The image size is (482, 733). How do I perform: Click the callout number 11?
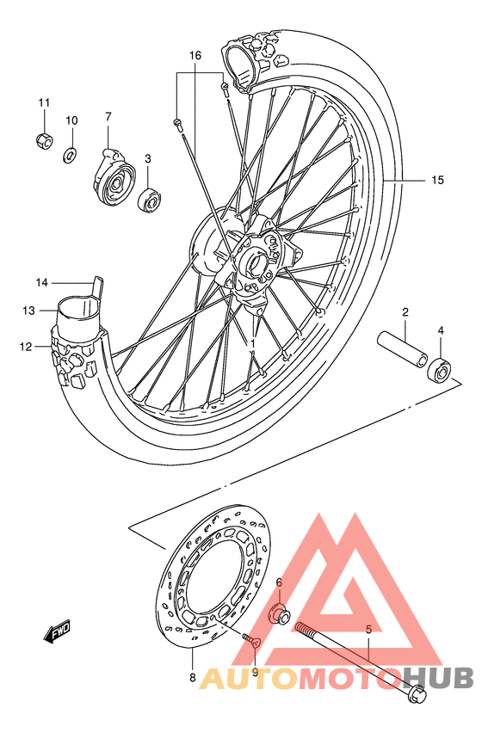[44, 103]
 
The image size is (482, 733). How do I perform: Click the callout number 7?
[109, 117]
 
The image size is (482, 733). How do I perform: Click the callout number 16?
[195, 56]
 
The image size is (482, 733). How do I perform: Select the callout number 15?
[437, 180]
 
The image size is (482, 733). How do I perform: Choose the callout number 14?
[41, 282]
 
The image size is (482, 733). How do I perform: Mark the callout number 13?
[28, 310]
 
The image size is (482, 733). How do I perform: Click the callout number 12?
[26, 347]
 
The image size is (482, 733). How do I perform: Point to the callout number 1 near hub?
[253, 343]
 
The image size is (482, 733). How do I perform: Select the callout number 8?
[192, 679]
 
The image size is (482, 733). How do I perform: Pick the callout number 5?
[368, 630]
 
